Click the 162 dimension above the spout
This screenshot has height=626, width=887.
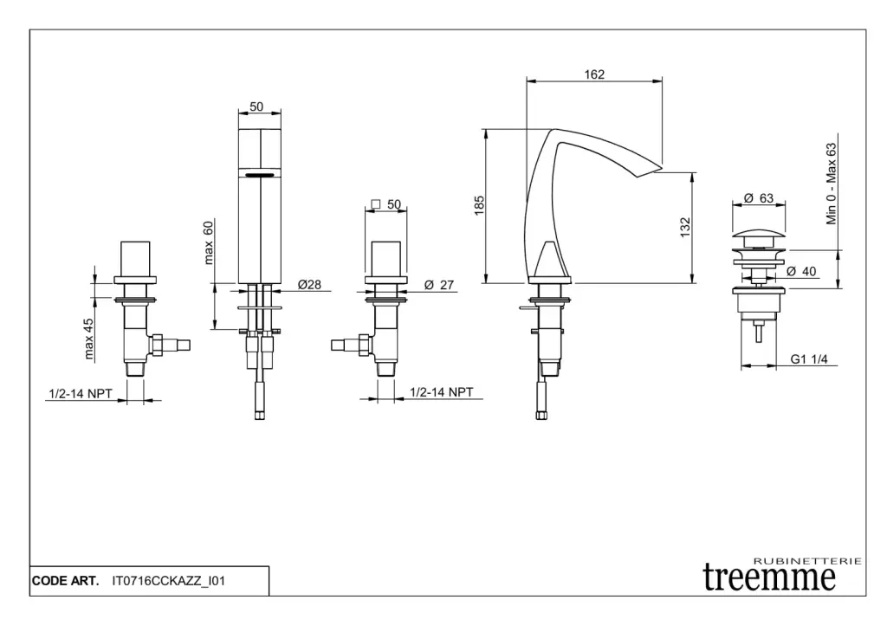(x=594, y=74)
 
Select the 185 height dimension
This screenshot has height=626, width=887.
(x=479, y=205)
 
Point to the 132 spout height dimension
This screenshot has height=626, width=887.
(x=685, y=228)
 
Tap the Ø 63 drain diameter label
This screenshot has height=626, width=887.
(x=759, y=198)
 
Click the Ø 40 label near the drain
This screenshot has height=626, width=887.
(x=801, y=271)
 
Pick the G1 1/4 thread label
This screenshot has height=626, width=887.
(x=809, y=359)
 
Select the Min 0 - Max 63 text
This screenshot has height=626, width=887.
(x=831, y=184)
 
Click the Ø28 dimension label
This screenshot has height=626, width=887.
(x=309, y=285)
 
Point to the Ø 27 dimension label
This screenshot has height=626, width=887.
(x=439, y=285)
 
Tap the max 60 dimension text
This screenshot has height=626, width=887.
(x=208, y=242)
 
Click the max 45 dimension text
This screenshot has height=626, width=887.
(x=88, y=339)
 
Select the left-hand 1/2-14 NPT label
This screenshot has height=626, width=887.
(x=81, y=394)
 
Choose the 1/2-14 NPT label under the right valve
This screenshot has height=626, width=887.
(x=441, y=392)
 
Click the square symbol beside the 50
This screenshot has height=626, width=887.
(x=376, y=203)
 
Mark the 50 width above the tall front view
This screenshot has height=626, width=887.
(x=256, y=106)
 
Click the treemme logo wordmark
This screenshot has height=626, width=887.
(x=769, y=578)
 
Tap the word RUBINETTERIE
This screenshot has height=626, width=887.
(x=808, y=561)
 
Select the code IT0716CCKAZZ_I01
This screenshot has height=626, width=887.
(x=169, y=581)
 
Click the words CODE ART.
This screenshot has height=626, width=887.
(x=65, y=581)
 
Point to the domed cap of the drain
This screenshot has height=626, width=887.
(x=758, y=233)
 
